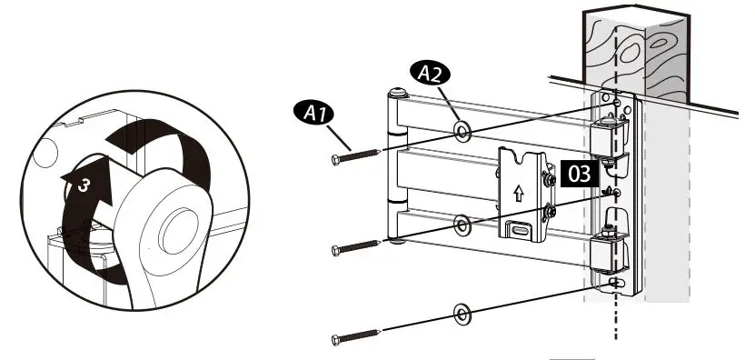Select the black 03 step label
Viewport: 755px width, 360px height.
578,171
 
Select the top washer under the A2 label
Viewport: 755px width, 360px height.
462,133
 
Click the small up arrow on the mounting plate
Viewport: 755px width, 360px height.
518,193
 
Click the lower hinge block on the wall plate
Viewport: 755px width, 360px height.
605,251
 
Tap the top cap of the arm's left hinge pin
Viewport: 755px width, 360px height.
397,93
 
